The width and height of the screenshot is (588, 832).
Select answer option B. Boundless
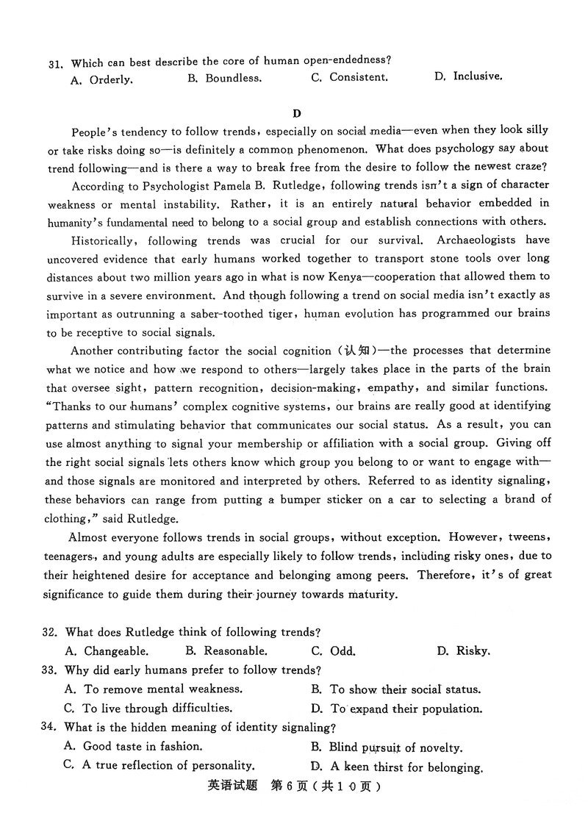click(224, 78)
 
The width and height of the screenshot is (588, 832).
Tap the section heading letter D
click(296, 112)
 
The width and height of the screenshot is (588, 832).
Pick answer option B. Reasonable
click(226, 650)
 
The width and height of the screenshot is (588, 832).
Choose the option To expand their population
click(397, 709)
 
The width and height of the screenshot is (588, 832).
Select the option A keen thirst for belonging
click(397, 767)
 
